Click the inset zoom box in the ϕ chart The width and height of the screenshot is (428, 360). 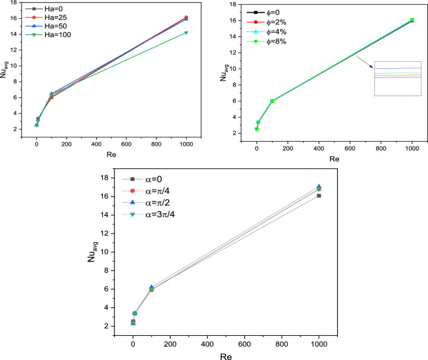pos(397,79)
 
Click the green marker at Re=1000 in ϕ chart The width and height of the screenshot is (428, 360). pos(412,20)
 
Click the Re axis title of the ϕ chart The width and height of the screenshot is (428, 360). pos(334,159)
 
